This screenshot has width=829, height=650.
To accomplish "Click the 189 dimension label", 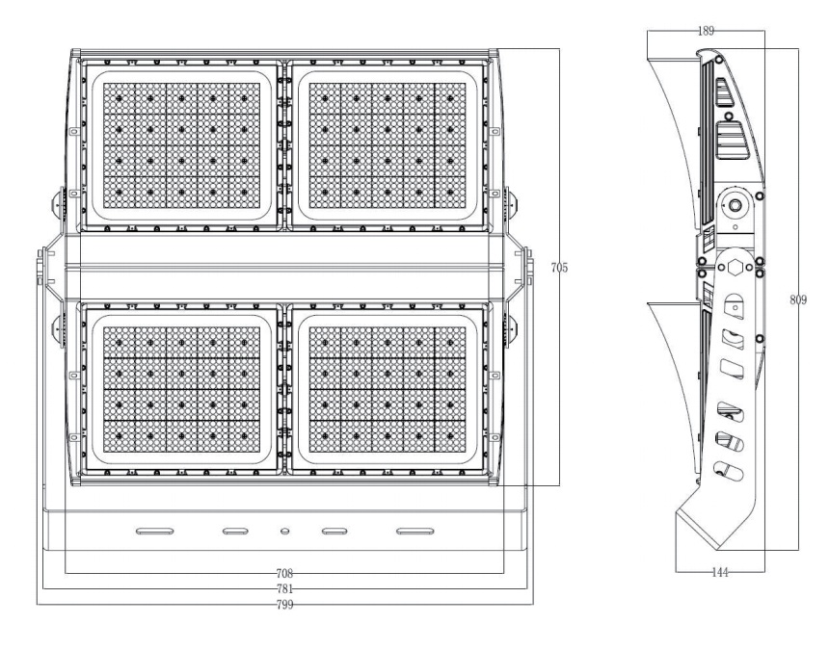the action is click(x=706, y=31).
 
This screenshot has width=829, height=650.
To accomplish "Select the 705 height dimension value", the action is click(x=559, y=268).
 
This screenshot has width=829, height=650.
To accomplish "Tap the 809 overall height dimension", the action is click(x=798, y=299).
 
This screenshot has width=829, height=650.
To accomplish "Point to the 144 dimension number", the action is click(x=720, y=572).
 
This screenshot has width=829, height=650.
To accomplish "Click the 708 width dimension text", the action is click(x=284, y=573).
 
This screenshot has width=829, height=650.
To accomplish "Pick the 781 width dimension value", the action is click(x=284, y=588).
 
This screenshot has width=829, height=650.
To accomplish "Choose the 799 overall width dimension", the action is click(x=284, y=605).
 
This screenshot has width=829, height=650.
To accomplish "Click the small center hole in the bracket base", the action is click(x=284, y=532).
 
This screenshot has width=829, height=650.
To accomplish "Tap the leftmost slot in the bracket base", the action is click(x=155, y=532).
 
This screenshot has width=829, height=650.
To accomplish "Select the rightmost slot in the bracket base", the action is click(x=415, y=532).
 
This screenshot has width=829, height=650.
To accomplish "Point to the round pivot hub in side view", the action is click(x=735, y=205).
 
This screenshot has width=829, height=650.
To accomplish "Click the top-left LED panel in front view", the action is click(x=181, y=145).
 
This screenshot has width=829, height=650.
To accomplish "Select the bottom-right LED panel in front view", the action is click(x=388, y=389).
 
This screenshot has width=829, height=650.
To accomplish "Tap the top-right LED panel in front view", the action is click(x=388, y=145).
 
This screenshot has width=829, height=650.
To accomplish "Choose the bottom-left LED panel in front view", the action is click(x=181, y=389).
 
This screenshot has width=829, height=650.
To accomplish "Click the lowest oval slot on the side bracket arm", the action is click(x=728, y=471).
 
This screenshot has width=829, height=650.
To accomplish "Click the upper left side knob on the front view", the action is click(x=57, y=204).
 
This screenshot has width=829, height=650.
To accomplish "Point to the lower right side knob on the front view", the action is click(x=511, y=329).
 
